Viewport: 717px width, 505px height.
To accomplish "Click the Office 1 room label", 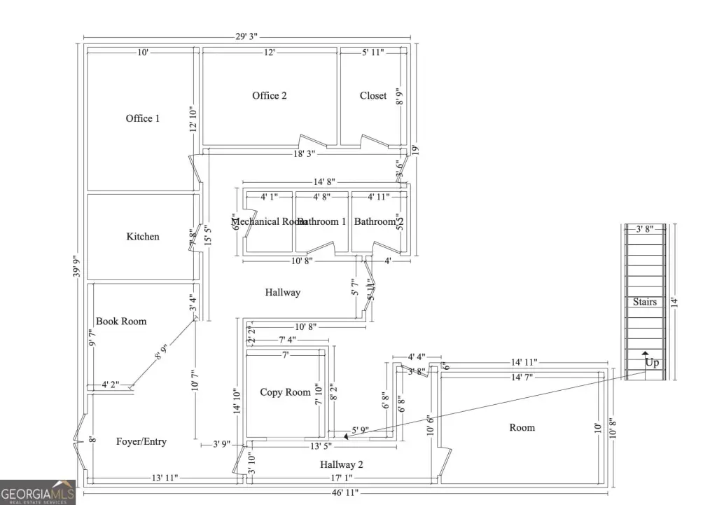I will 143,118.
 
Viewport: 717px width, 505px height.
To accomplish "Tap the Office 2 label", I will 270,95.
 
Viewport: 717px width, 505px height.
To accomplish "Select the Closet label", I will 373,95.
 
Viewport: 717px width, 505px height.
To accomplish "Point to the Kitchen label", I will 143,237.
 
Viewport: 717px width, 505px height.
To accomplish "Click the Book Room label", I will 121,321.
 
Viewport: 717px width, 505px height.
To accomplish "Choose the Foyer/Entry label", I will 141,441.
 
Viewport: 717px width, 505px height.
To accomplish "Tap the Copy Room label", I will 285,392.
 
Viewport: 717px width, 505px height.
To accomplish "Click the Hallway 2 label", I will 342,464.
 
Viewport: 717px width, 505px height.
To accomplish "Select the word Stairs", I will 645,302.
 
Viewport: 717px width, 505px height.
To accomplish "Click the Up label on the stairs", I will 652,364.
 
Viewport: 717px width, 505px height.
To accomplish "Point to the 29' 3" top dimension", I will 248,36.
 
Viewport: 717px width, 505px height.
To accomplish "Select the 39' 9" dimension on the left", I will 76,265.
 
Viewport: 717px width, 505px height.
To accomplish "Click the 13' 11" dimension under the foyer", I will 165,478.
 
